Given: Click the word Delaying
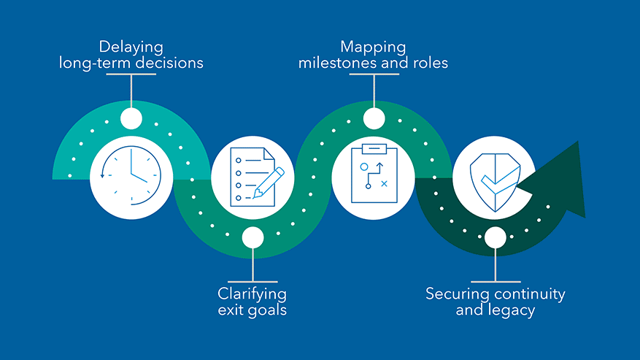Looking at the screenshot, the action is tap(131, 47).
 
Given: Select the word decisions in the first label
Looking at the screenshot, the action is tap(169, 63).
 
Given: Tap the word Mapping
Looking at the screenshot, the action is tap(373, 47).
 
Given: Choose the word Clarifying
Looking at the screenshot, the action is tap(252, 294).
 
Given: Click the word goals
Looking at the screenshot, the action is tap(267, 310).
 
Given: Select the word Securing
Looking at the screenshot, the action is tap(458, 294).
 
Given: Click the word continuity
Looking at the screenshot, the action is tap(530, 294).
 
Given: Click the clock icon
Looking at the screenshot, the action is tap(131, 176).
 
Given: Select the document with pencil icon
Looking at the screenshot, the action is tap(257, 177).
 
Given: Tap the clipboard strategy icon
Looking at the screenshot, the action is tap(374, 173).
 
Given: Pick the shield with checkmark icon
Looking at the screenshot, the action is tap(495, 183).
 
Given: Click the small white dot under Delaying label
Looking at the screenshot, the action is tap(131, 118).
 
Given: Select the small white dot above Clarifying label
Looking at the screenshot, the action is tap(252, 237).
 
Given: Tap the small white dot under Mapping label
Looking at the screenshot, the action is tap(374, 118).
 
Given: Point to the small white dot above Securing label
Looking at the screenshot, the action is tap(496, 237).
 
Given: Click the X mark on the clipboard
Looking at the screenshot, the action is tap(384, 184).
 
